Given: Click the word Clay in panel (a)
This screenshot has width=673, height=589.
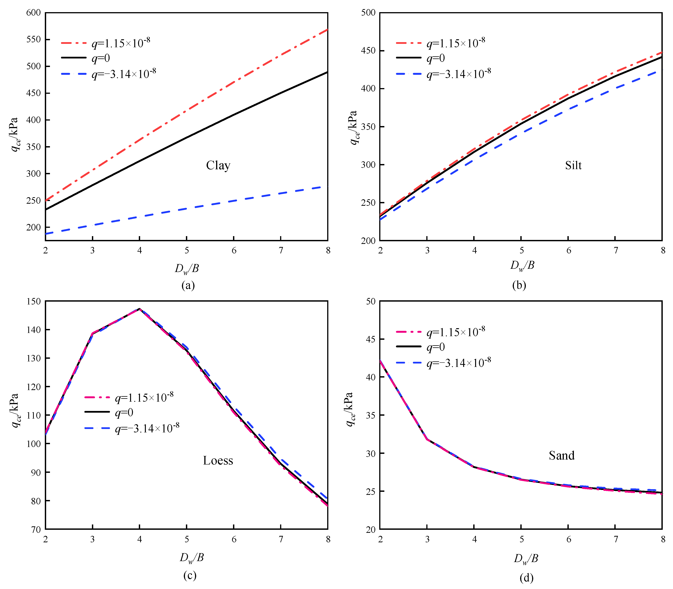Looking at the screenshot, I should click(218, 165).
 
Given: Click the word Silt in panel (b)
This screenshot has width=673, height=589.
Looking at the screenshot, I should click(573, 165).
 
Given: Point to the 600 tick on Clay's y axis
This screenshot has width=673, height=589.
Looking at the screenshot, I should click(34, 13).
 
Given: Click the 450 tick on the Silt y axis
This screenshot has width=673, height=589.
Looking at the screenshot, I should click(368, 51).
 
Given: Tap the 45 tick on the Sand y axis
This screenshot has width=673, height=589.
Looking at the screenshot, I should click(371, 339).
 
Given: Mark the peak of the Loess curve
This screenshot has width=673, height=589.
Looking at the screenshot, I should click(139, 309).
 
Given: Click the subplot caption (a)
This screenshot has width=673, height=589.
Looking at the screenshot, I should click(188, 285).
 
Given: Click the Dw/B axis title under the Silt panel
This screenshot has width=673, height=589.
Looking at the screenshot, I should click(522, 266).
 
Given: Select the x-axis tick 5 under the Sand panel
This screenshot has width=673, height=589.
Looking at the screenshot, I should click(521, 539).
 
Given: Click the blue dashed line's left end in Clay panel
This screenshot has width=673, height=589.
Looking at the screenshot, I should click(46, 234).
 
